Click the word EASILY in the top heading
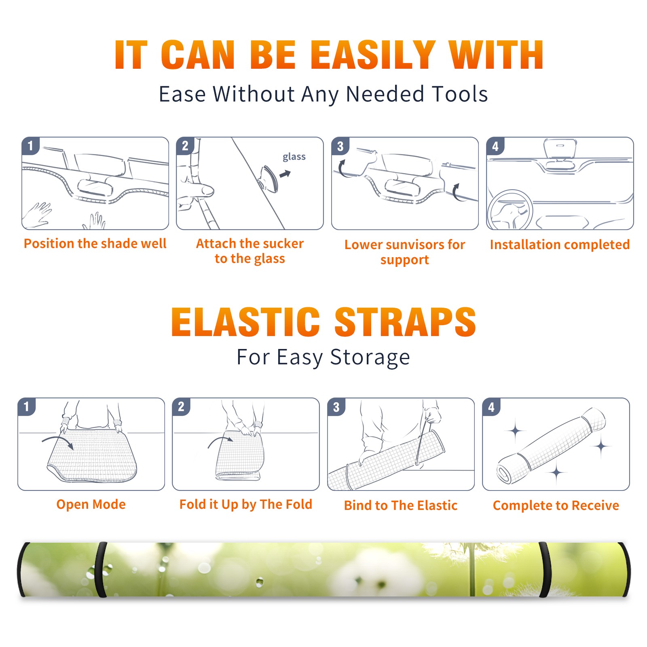[373, 55]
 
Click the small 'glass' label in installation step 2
[294, 157]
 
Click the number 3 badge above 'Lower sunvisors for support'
[340, 146]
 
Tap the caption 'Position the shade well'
[95, 243]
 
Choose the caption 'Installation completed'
[560, 245]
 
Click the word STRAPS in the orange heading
[405, 322]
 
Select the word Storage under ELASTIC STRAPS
[370, 357]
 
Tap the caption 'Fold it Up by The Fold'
[246, 504]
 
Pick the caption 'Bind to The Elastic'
[401, 505]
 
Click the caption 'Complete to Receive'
[556, 505]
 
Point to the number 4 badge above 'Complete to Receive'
[491, 407]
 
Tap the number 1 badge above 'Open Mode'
[27, 407]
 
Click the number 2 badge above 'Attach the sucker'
[185, 146]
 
